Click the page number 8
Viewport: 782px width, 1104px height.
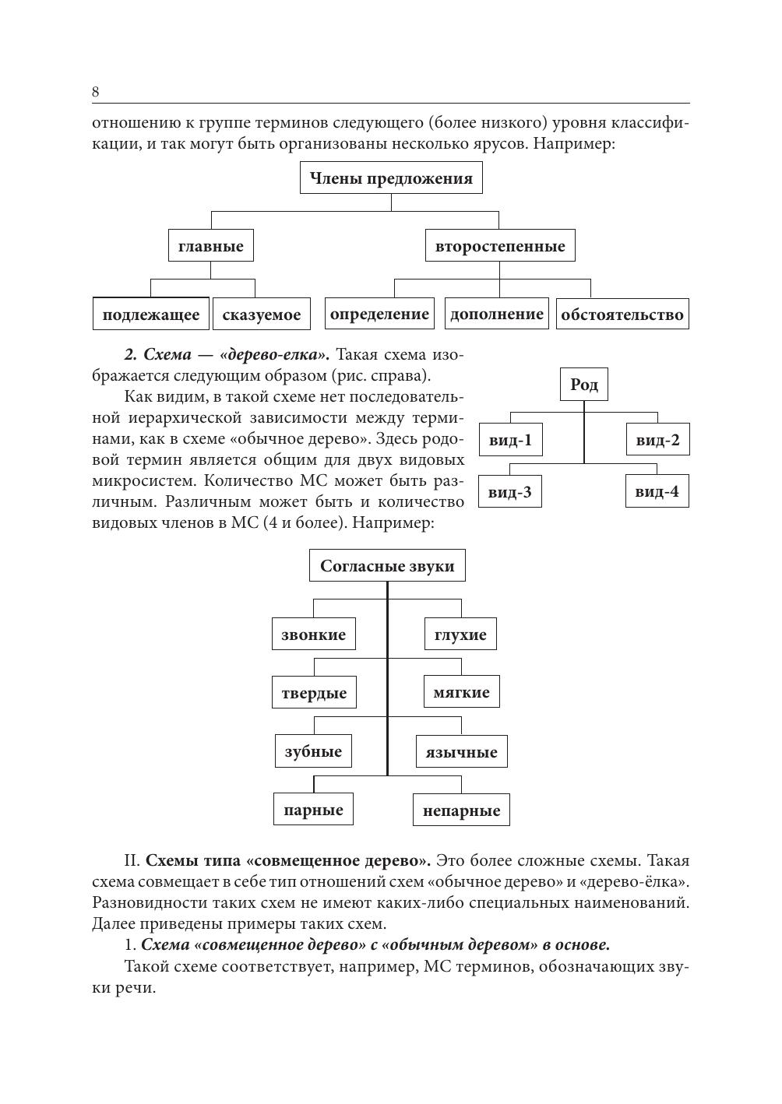pyautogui.click(x=95, y=92)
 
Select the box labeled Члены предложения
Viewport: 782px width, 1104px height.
pyautogui.click(x=391, y=178)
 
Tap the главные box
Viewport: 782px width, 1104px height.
pyautogui.click(x=210, y=247)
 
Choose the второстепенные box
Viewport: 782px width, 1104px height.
pyautogui.click(x=500, y=247)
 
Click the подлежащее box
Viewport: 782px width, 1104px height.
pyautogui.click(x=151, y=315)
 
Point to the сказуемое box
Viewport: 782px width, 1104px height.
pyautogui.click(x=261, y=315)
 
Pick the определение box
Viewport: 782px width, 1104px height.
pyautogui.click(x=379, y=314)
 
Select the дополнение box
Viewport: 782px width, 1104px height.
pyautogui.click(x=497, y=314)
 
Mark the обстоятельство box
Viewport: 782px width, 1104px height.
pyautogui.click(x=622, y=315)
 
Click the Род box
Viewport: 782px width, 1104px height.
pyautogui.click(x=584, y=385)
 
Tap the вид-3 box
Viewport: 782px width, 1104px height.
pyautogui.click(x=509, y=492)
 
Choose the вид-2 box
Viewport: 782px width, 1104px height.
pyautogui.click(x=657, y=441)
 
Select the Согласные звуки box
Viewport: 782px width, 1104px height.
pyautogui.click(x=387, y=566)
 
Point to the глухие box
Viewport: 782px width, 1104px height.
pyautogui.click(x=460, y=635)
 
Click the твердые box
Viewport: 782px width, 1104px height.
pyautogui.click(x=314, y=693)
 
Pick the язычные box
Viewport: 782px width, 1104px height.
pyautogui.click(x=461, y=752)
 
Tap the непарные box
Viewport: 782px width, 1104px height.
pyautogui.click(x=461, y=810)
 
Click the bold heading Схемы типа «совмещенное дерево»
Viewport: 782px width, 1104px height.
pyautogui.click(x=288, y=861)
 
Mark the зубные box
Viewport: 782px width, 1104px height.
pyautogui.click(x=313, y=751)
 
